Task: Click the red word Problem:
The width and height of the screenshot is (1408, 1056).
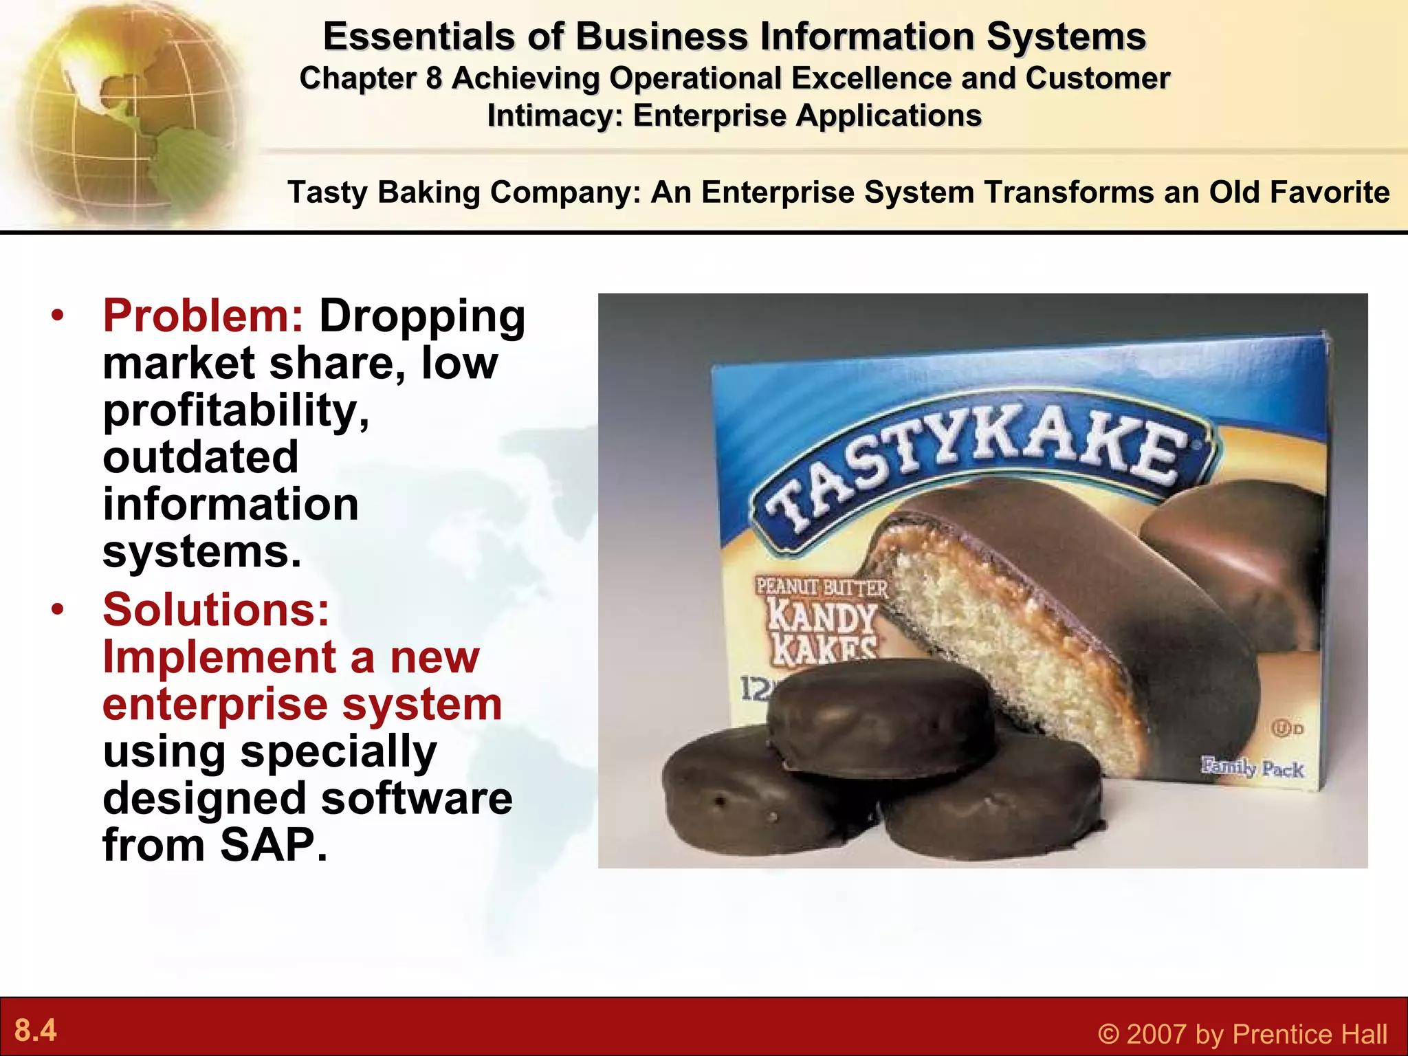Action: tap(203, 316)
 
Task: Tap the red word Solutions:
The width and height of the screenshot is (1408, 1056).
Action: tap(216, 610)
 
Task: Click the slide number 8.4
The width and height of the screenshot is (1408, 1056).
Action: tap(35, 1031)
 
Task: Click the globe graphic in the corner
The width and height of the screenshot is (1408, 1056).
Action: tap(124, 110)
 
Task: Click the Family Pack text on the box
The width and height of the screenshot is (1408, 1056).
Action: tap(1251, 767)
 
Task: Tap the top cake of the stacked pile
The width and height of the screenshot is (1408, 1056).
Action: tap(880, 715)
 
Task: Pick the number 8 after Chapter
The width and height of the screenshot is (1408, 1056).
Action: tap(433, 78)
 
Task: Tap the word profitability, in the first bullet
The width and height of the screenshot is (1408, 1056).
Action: tap(236, 410)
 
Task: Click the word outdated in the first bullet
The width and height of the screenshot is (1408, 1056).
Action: tap(201, 457)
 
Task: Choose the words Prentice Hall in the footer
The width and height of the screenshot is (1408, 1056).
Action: tap(1310, 1034)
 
